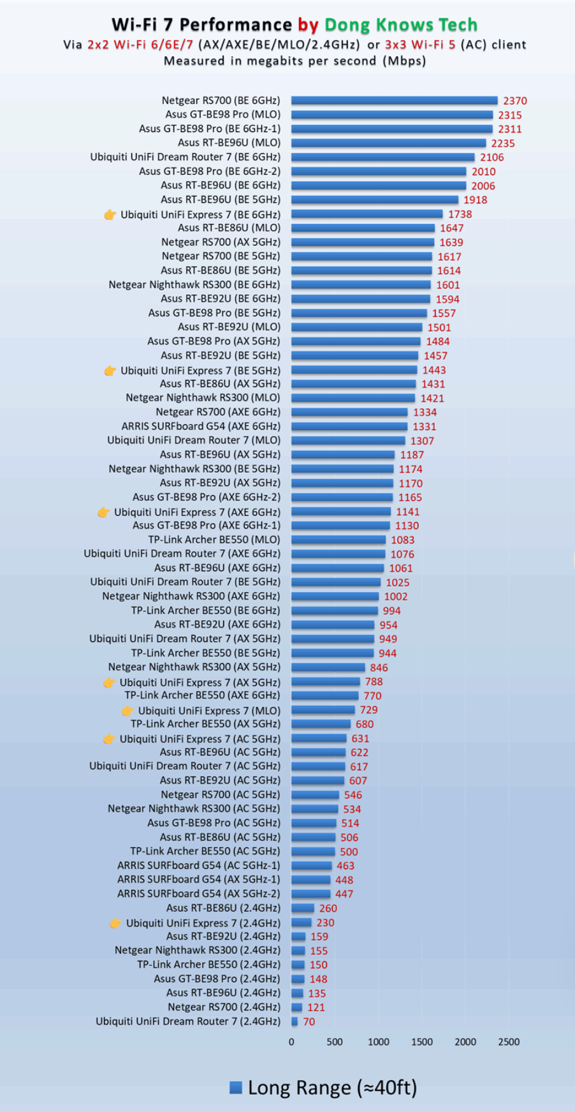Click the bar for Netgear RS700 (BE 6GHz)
pyautogui.click(x=394, y=100)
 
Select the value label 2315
pyautogui.click(x=510, y=115)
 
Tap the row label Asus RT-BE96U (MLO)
pyautogui.click(x=229, y=143)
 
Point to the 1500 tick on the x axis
pyautogui.click(x=421, y=1042)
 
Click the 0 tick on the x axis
pyautogui.click(x=291, y=1042)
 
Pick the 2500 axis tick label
pyautogui.click(x=509, y=1042)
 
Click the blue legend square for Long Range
pyautogui.click(x=236, y=1088)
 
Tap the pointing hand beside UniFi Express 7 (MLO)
pyautogui.click(x=127, y=711)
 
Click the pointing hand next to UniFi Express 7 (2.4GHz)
pyautogui.click(x=115, y=923)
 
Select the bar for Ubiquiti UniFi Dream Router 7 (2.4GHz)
pyautogui.click(x=295, y=1021)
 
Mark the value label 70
pyautogui.click(x=309, y=1022)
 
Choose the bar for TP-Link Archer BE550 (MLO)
pyautogui.click(x=338, y=540)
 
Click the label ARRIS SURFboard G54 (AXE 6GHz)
pyautogui.click(x=201, y=426)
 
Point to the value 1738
pyautogui.click(x=460, y=214)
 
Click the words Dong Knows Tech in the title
pyautogui.click(x=401, y=25)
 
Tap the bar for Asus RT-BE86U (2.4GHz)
pyautogui.click(x=303, y=908)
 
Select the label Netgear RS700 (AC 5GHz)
pyautogui.click(x=220, y=795)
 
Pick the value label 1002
pyautogui.click(x=396, y=597)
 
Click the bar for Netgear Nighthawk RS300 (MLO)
pyautogui.click(x=353, y=398)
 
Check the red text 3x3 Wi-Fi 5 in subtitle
pyautogui.click(x=420, y=45)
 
